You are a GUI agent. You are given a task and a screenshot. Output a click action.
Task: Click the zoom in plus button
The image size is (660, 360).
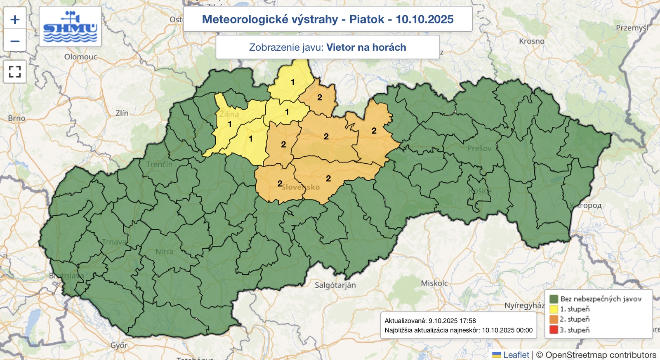point(15,19)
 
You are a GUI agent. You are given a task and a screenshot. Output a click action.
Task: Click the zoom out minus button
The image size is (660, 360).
point(15,41)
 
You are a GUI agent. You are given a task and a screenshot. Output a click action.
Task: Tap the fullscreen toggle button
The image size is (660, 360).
point(15,72)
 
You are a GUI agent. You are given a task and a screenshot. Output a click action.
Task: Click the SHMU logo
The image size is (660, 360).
point(70,27)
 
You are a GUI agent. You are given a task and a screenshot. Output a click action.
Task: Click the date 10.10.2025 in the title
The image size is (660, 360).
point(424,19)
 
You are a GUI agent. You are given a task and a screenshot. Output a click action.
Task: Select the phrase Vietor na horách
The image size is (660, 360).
point(366,47)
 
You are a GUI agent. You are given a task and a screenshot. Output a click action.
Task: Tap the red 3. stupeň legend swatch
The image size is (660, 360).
point(554,330)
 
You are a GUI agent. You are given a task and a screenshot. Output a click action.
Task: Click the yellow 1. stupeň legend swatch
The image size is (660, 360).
point(554,309)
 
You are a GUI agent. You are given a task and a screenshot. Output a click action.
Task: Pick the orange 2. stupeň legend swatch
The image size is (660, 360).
point(554,320)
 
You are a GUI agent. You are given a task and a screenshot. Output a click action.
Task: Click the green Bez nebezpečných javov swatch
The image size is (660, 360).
point(554,299)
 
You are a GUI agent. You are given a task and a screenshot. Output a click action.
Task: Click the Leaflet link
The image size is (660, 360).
point(516,355)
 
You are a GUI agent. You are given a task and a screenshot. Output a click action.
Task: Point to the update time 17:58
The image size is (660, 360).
point(468,321)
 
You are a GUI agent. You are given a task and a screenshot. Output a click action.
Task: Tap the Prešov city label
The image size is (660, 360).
point(479,148)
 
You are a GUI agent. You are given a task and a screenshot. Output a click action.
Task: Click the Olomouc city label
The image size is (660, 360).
point(81,57)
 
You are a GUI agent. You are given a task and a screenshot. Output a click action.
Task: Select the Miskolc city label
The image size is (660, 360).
point(434,283)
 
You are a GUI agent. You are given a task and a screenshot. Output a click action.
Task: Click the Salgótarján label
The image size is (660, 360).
point(335,285)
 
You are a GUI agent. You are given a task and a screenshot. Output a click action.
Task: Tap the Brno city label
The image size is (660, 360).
point(16,118)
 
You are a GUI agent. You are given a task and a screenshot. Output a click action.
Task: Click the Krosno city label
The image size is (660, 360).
point(531,41)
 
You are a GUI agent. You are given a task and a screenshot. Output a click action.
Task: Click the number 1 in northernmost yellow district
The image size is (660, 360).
point(293,82)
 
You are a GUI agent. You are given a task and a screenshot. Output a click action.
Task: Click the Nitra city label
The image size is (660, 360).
point(164,252)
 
